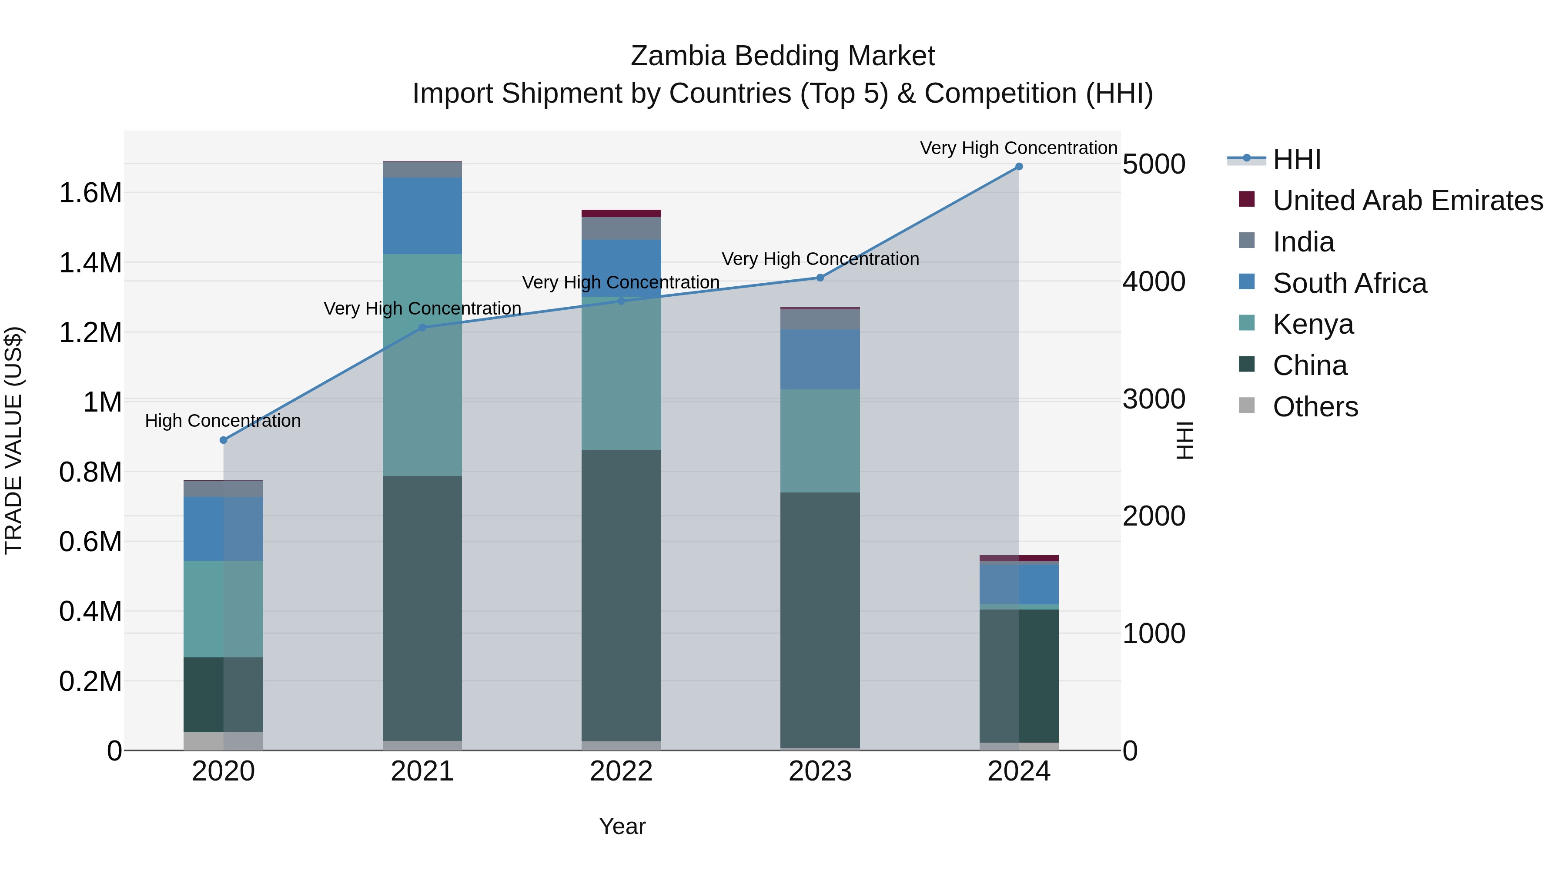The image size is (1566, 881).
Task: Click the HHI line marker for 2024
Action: tap(1019, 167)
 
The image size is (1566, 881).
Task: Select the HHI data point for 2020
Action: tap(223, 440)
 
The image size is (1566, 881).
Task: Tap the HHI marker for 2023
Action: tap(820, 278)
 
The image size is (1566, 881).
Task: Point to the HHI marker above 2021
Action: tap(422, 328)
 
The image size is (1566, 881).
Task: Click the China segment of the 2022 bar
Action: tap(621, 596)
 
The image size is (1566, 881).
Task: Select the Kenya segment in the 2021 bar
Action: tap(422, 365)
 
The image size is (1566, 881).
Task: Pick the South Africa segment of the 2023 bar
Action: tap(820, 359)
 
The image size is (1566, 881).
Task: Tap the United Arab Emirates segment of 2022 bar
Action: tap(621, 214)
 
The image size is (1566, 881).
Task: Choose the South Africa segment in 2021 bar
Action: tap(422, 216)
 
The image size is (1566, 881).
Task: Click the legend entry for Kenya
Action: tap(1313, 324)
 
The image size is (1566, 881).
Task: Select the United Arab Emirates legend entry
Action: tap(1407, 201)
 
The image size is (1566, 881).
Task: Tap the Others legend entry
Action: tap(1315, 407)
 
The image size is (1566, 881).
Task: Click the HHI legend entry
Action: tap(1296, 159)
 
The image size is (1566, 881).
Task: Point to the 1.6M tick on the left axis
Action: tap(90, 193)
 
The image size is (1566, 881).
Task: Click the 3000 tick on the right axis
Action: tap(1154, 399)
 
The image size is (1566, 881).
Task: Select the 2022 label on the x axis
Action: tap(621, 771)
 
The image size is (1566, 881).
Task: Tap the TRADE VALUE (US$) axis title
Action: tap(13, 440)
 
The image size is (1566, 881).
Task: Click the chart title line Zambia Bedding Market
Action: tap(783, 56)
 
